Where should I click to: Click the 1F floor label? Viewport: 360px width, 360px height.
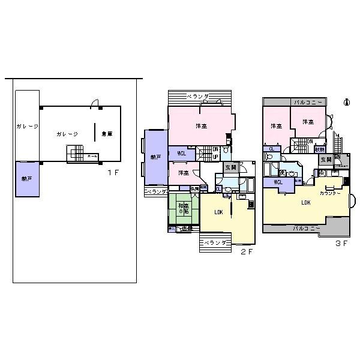click(111, 173)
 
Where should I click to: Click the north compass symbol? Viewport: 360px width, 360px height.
click(346, 103)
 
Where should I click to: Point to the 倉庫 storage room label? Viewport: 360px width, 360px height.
click(107, 134)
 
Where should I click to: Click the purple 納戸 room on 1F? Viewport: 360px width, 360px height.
click(27, 179)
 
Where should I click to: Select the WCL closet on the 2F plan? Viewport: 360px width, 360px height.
click(181, 154)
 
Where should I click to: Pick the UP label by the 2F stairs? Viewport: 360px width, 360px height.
click(215, 157)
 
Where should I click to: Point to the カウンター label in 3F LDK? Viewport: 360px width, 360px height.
click(330, 193)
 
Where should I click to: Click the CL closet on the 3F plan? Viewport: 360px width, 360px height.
click(272, 149)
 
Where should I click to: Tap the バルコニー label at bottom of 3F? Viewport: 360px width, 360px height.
click(306, 228)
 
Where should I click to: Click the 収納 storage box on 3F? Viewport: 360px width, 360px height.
click(322, 149)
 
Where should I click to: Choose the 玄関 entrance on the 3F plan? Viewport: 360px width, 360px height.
click(326, 160)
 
